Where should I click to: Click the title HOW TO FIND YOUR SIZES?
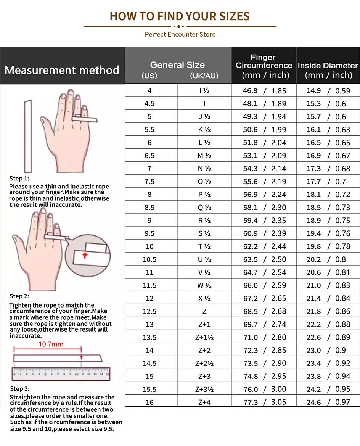[x=180, y=16]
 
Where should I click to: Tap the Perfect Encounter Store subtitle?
[x=180, y=34]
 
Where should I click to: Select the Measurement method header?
[x=62, y=70]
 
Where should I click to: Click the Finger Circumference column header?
[x=264, y=66]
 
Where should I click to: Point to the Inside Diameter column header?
[x=328, y=70]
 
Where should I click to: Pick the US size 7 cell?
[x=149, y=169]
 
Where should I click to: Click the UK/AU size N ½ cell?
[x=204, y=169]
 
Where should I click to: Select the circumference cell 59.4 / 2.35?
[x=264, y=221]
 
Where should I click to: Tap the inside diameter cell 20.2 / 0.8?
[x=328, y=259]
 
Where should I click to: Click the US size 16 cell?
[x=149, y=402]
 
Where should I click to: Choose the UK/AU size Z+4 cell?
[x=204, y=402]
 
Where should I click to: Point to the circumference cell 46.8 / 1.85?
[x=264, y=91]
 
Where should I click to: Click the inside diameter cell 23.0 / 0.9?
[x=328, y=350]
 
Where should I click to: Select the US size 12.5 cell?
[x=149, y=311]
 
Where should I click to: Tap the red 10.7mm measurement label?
[x=51, y=344]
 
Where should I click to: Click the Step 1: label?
[x=19, y=179]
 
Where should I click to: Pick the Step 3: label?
[x=19, y=389]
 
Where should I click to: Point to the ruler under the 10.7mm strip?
[x=61, y=374]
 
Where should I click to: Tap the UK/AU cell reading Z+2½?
[x=204, y=363]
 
